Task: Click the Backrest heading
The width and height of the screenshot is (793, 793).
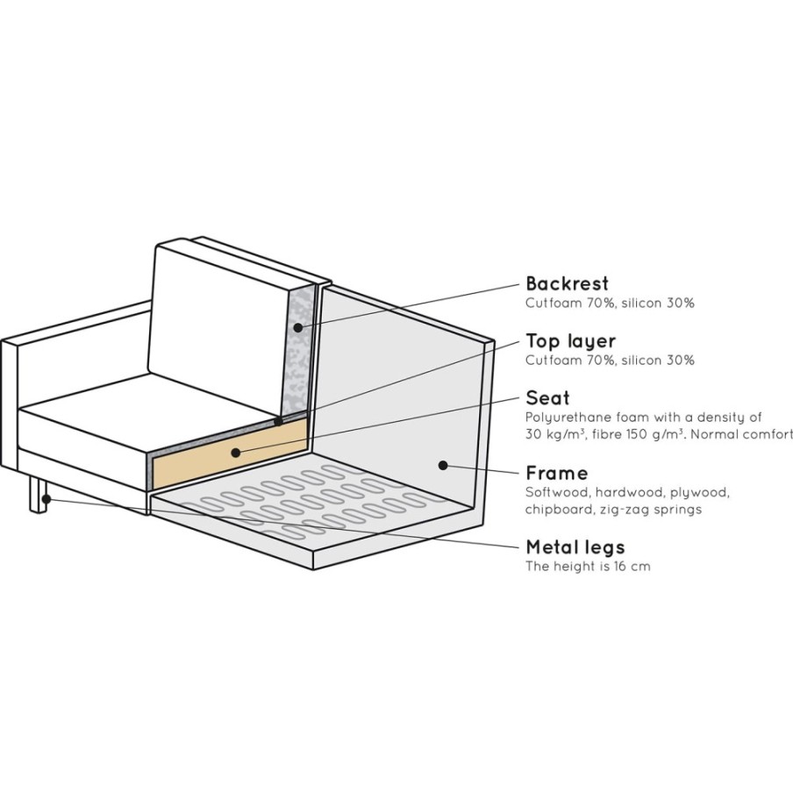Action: coord(567,283)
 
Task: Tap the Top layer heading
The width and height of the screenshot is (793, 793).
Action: coord(570,341)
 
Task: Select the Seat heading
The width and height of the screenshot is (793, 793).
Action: coord(547,398)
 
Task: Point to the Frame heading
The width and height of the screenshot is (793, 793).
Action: coord(557,474)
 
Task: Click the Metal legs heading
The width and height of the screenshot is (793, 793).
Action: coord(575,547)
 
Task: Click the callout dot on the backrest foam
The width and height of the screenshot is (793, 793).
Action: coord(298,328)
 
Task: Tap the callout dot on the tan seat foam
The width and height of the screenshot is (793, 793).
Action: coord(236,453)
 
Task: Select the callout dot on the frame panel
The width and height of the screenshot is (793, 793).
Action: coord(443,465)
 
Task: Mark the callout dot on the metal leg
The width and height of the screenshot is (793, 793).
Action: coord(46,499)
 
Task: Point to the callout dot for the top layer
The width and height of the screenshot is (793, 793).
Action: coord(278,421)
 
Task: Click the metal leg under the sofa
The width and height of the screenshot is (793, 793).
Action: coord(37,495)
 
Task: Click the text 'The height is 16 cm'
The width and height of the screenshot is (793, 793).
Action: coord(588,567)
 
